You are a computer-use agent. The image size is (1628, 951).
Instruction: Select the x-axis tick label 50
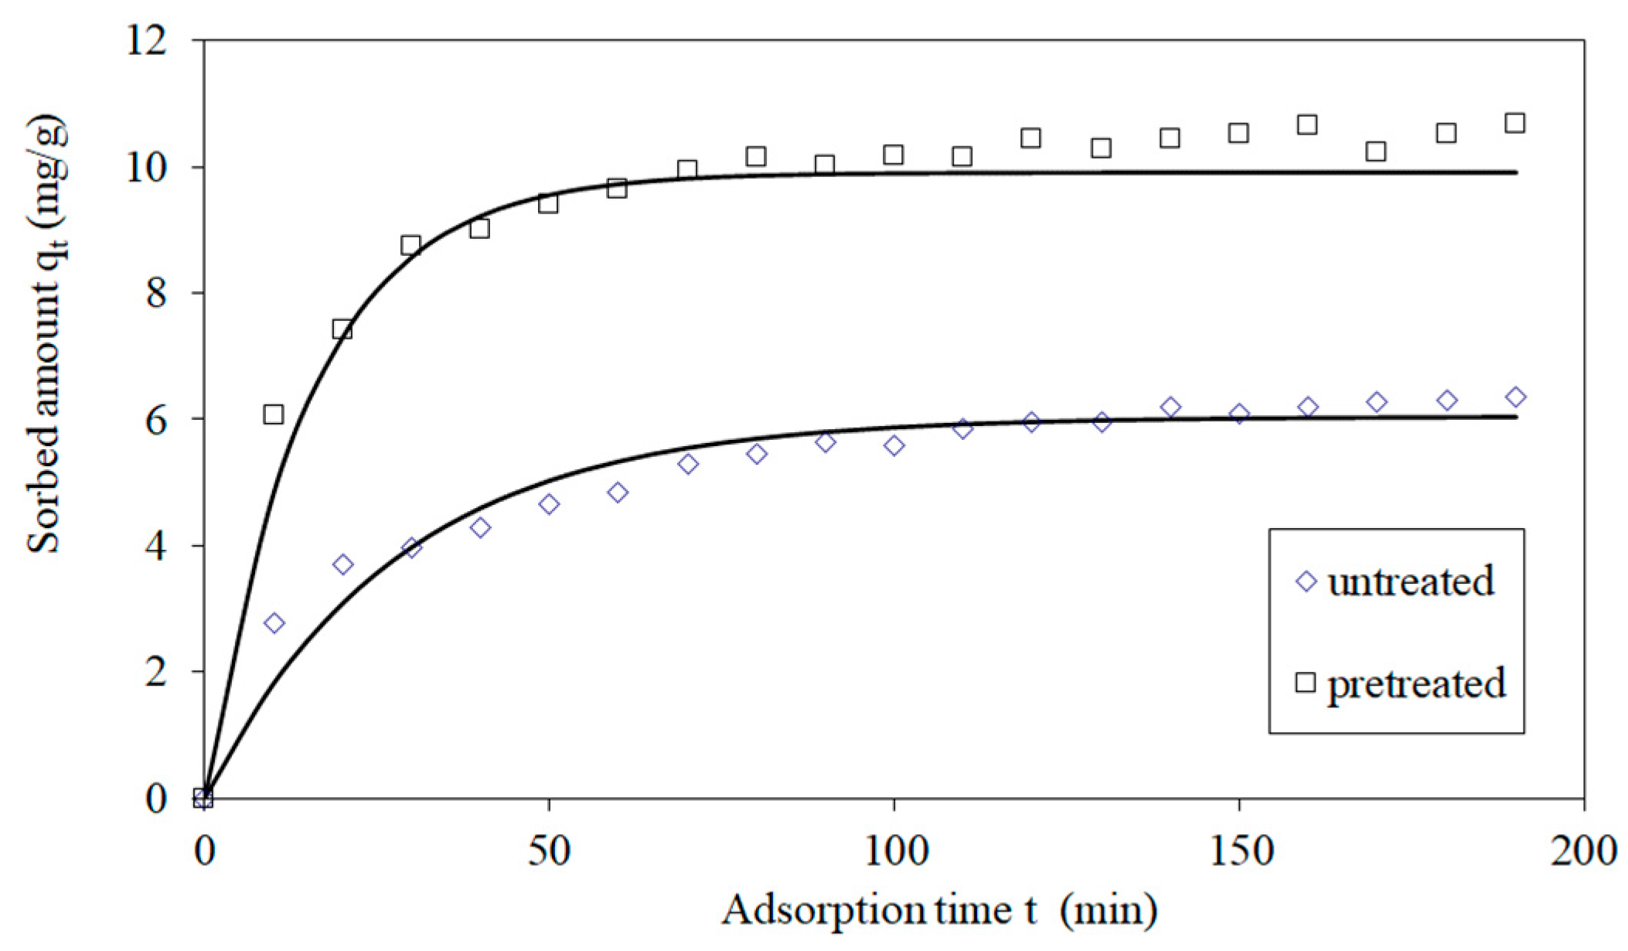tap(548, 851)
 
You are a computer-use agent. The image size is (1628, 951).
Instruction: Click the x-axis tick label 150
tap(1238, 851)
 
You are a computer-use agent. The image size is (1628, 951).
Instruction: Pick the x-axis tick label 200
tap(1583, 851)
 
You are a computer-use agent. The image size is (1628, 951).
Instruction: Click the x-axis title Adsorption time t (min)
tap(939, 911)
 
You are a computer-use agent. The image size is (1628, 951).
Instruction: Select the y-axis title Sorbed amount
tap(46, 336)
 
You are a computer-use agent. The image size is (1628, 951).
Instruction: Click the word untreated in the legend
tap(1410, 581)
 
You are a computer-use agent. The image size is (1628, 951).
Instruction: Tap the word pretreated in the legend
tap(1416, 683)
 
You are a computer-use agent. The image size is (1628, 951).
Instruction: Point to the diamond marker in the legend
tap(1306, 581)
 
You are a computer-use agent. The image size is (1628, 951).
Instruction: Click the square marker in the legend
tap(1306, 683)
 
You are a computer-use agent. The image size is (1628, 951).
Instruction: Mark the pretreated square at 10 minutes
tap(273, 414)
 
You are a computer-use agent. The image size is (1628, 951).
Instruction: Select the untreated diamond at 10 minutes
tap(274, 623)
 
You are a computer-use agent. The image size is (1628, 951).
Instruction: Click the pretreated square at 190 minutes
tap(1515, 123)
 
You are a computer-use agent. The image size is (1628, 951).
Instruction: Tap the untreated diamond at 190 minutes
tap(1516, 397)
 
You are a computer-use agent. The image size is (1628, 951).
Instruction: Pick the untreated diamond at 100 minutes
tap(894, 446)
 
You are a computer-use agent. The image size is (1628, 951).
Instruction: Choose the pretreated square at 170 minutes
tap(1376, 152)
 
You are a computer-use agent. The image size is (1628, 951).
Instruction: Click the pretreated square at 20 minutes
tap(342, 330)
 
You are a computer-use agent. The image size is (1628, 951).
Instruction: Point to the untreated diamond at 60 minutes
tap(618, 493)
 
